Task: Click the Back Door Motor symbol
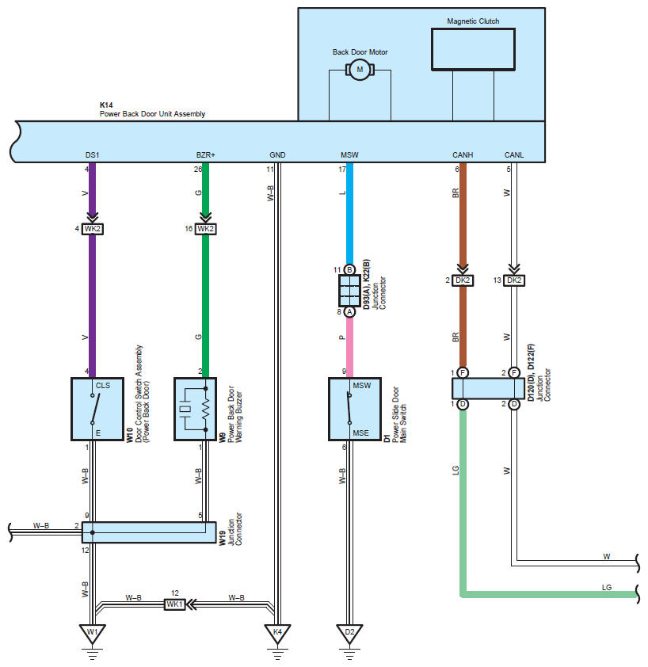point(360,70)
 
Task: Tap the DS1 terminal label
point(93,154)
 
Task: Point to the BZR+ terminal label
point(205,154)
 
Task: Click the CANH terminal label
point(463,154)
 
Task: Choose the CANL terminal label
point(514,154)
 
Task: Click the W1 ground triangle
point(93,633)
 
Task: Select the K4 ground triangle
point(277,633)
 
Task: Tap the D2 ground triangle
point(349,633)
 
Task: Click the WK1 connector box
point(175,604)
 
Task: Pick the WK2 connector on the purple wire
point(93,229)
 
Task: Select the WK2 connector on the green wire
point(205,229)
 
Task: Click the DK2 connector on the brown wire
point(463,280)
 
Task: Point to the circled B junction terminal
point(349,269)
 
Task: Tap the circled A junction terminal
point(349,312)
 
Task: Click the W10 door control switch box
point(97,409)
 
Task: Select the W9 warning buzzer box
point(196,409)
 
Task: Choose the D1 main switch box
point(355,409)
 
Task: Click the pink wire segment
point(349,348)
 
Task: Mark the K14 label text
point(106,105)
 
